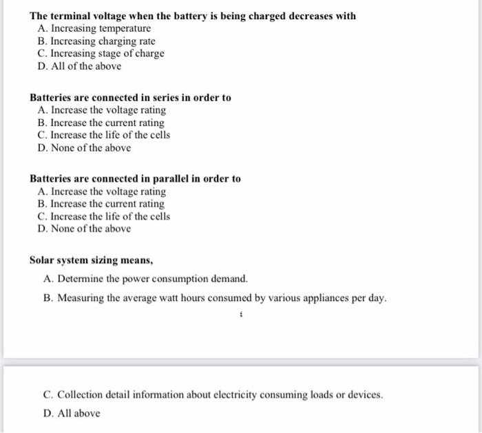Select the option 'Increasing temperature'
pos(101,28)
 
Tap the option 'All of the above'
pos(86,66)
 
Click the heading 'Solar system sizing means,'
pos(91,260)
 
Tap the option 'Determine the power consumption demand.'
pos(151,279)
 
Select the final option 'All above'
pos(78,413)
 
